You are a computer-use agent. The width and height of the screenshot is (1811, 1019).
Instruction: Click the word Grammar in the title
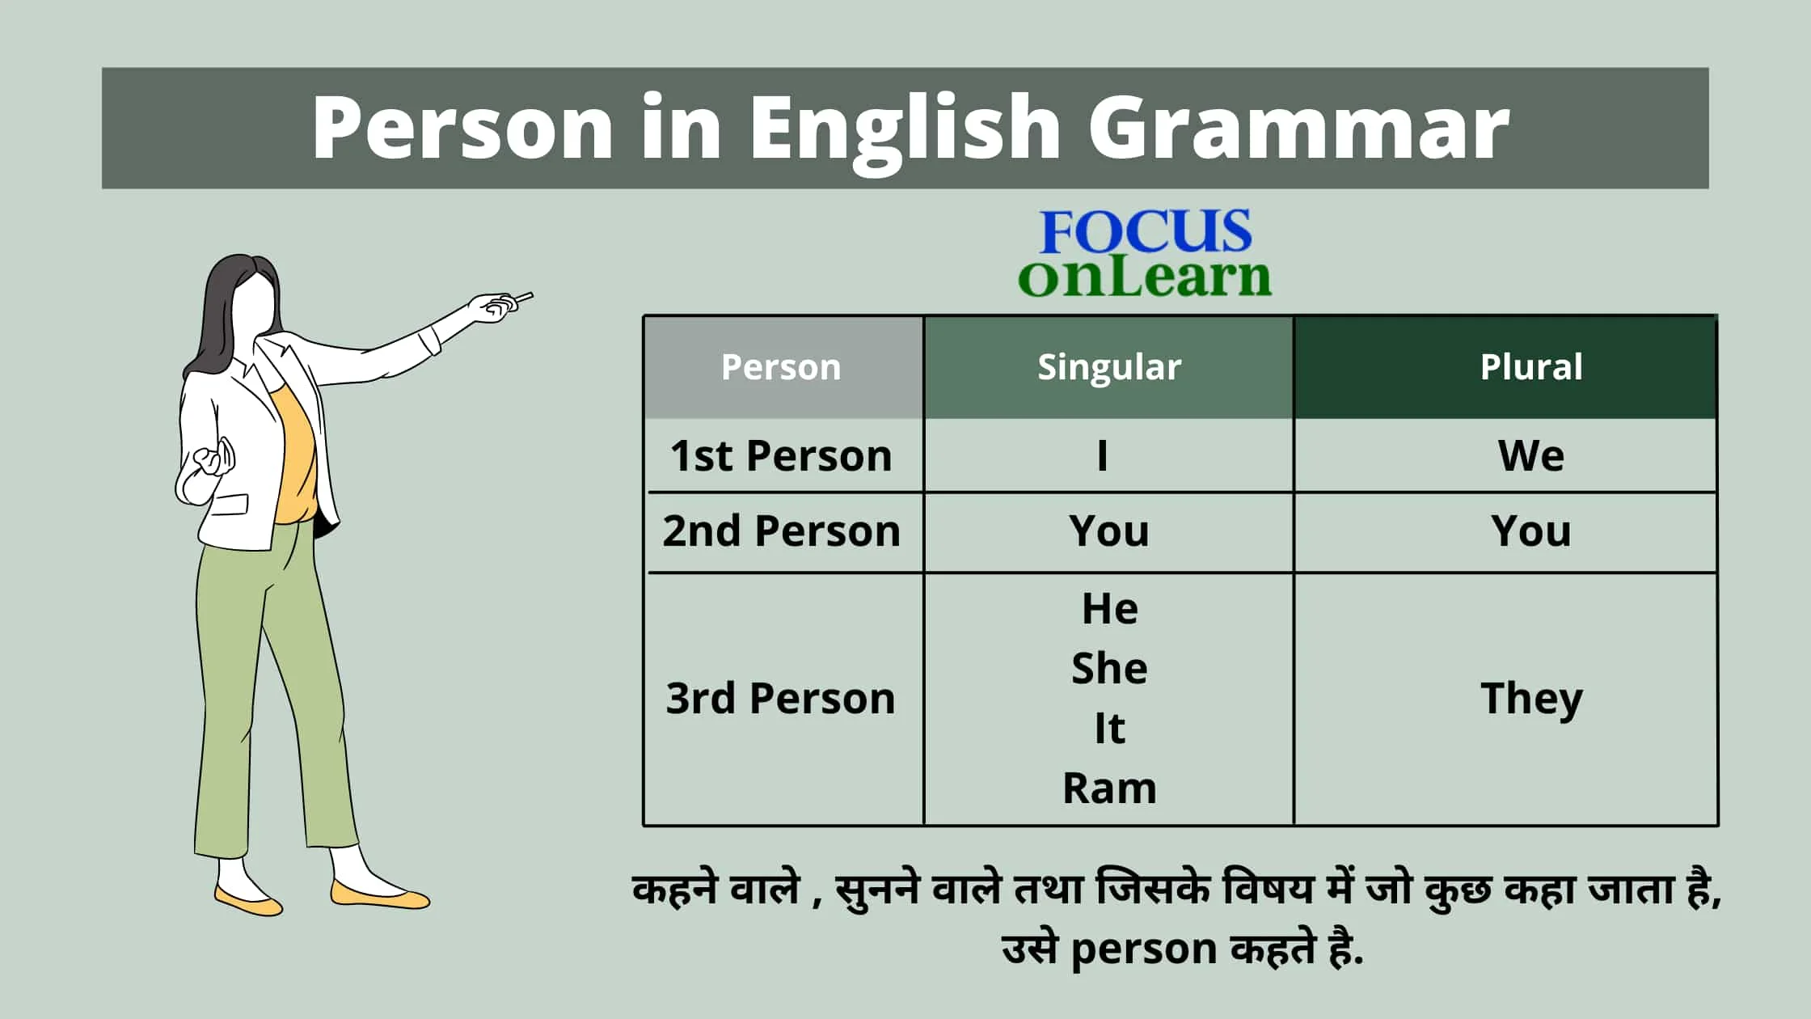point(1298,128)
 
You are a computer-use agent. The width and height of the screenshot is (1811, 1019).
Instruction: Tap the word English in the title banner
point(905,129)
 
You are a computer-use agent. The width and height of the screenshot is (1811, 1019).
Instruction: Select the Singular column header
point(1109,367)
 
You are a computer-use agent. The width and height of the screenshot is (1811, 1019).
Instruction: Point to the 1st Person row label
point(781,455)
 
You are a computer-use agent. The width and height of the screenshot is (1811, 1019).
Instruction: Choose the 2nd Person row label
point(781,531)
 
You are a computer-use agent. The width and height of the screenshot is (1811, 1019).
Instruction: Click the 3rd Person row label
point(781,698)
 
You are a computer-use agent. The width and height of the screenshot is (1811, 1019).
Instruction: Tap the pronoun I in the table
point(1102,455)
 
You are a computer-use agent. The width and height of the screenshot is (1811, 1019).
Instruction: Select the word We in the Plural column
point(1531,455)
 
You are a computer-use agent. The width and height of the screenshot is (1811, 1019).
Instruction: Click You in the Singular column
point(1109,531)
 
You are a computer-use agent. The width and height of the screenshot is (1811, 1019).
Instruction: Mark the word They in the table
point(1531,698)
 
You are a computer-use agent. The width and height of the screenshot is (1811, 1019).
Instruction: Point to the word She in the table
point(1109,668)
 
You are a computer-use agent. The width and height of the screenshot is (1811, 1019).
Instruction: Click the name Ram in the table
point(1109,788)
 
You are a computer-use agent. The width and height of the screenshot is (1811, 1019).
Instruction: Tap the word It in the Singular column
point(1109,728)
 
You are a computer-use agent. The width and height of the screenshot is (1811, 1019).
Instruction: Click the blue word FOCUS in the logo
point(1146,231)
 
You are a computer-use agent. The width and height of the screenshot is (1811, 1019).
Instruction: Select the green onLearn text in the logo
point(1145,277)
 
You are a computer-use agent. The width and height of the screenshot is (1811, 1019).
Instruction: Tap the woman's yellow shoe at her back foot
point(247,899)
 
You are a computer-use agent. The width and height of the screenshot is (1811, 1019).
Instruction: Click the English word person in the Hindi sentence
point(1143,949)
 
